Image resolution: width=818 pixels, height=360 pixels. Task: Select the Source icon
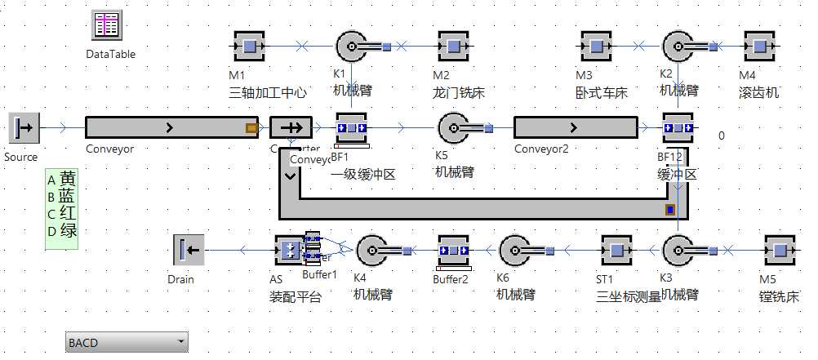click(x=24, y=128)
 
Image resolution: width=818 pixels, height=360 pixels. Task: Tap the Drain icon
click(x=188, y=250)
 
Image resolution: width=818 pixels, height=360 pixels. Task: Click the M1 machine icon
click(x=247, y=47)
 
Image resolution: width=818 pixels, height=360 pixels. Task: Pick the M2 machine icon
click(x=453, y=47)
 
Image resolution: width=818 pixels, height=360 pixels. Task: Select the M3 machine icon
click(x=596, y=47)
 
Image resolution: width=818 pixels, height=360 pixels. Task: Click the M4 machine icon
click(x=759, y=47)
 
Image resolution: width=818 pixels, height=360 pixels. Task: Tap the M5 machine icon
click(x=779, y=250)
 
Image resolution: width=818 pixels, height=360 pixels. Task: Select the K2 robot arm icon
click(x=679, y=47)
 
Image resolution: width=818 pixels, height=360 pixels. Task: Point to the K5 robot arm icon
click(x=455, y=128)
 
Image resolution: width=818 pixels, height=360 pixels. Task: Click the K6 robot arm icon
click(x=516, y=250)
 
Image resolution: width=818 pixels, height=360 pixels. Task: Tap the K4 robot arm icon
click(x=373, y=250)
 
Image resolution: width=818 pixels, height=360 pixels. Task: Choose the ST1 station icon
click(x=616, y=250)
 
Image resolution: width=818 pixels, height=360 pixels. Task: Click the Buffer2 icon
click(x=452, y=251)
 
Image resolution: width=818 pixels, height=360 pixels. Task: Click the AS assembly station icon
click(x=288, y=251)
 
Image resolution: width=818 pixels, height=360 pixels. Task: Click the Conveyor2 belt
click(x=576, y=128)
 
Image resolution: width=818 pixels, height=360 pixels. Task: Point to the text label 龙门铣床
click(x=459, y=93)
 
